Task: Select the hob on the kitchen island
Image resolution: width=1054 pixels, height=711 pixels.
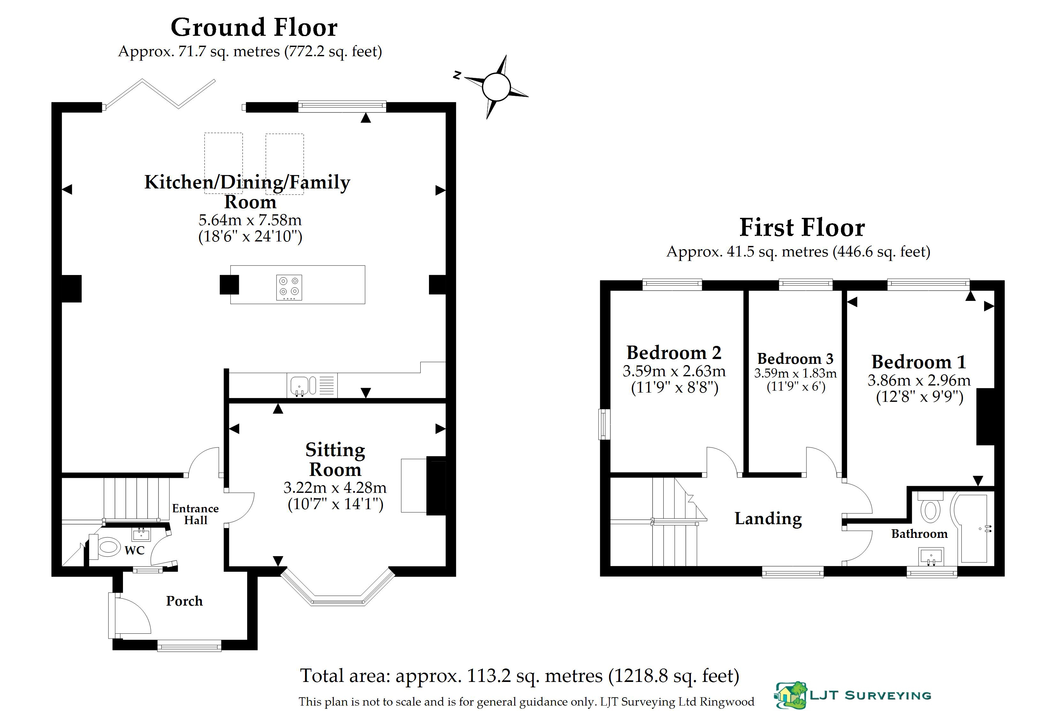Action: coord(289,287)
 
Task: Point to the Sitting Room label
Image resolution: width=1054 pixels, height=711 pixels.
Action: coord(335,459)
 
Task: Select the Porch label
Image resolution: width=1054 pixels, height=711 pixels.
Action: coord(184,601)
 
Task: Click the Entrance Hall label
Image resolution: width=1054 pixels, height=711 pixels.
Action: coord(195,514)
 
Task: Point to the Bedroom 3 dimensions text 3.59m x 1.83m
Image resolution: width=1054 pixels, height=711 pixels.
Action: coord(796,373)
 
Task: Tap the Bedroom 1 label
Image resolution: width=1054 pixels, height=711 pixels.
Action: coord(919,362)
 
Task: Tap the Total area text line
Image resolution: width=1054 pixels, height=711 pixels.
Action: coord(520,676)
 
